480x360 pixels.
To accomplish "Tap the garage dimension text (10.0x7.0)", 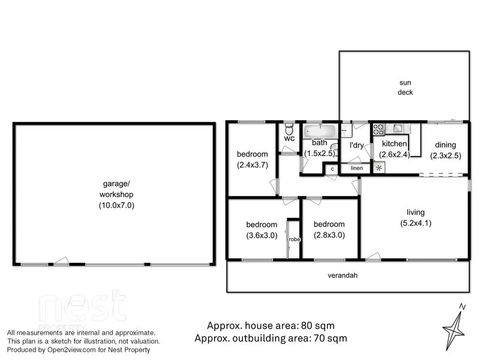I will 116,205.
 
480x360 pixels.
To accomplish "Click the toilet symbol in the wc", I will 289,129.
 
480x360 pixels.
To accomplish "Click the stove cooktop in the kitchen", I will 379,128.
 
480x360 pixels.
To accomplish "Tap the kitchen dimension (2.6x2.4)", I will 394,154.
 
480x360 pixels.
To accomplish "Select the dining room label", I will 445,145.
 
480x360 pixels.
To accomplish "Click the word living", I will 415,212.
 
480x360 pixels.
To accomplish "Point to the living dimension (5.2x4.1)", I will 415,223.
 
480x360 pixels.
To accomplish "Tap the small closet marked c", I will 331,170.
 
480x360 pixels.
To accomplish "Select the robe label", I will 294,239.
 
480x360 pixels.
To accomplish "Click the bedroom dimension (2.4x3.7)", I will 251,164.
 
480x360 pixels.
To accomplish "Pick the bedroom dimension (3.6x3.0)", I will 262,235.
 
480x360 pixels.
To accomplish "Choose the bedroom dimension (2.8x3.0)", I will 329,235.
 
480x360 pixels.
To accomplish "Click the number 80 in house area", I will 308,326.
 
